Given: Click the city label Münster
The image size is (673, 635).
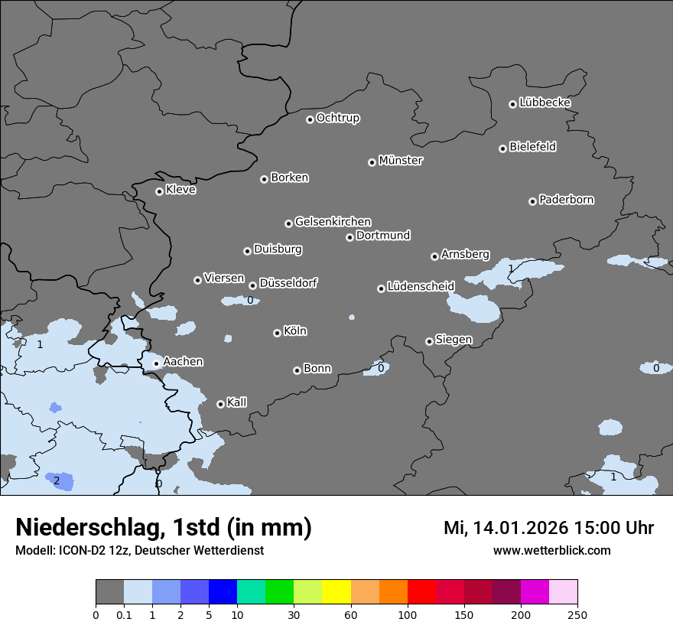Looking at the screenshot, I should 400,161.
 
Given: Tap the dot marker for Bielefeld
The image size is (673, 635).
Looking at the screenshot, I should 503,148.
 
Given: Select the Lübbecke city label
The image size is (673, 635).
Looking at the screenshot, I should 545,103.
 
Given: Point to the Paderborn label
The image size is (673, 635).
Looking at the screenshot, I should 566,200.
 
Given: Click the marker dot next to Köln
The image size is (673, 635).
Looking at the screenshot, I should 277,333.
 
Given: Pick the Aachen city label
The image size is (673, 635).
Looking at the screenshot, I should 183,362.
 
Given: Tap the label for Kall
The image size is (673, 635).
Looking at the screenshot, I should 236,402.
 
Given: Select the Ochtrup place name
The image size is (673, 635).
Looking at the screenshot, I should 337,118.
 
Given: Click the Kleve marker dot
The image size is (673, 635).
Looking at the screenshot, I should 159,191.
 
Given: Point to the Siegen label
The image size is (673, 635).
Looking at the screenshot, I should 454,340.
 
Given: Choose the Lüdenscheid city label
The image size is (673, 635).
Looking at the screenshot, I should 421,287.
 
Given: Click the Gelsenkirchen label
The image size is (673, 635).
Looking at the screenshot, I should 333,222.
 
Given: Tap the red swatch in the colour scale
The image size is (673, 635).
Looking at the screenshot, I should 421,592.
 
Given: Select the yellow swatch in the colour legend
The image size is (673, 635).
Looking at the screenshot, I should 336,592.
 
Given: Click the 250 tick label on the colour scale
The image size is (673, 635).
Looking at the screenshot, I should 577,614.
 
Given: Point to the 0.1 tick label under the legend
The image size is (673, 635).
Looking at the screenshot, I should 124,614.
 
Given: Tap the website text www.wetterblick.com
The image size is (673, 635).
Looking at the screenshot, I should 551,551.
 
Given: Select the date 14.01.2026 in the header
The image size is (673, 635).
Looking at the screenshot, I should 522,529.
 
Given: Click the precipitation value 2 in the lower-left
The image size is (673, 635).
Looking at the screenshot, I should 57,480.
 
